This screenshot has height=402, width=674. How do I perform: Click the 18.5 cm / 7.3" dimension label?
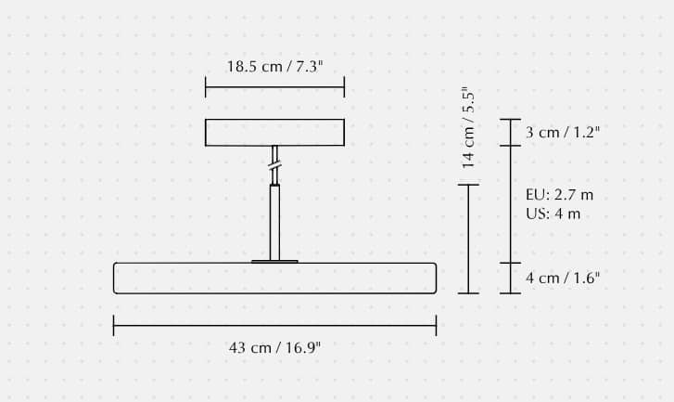point(274,67)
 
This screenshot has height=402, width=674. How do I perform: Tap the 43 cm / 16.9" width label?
point(274,347)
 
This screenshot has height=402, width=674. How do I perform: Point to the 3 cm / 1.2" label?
point(563,132)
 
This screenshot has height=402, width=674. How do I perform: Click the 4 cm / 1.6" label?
point(563,278)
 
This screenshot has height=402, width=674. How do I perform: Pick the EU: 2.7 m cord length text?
point(559,195)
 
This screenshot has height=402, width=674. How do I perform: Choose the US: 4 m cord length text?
point(553,214)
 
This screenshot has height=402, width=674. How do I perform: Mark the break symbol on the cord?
point(274,165)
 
